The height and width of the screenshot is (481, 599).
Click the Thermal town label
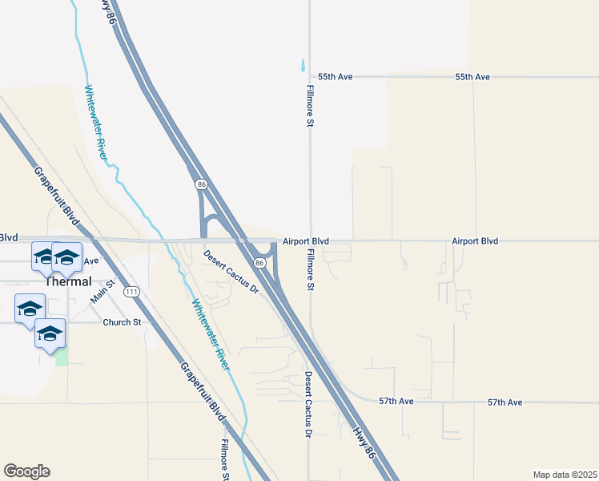coord(68,281)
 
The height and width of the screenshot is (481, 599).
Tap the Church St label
coord(122,322)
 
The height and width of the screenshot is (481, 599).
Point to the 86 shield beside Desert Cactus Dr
coord(260,263)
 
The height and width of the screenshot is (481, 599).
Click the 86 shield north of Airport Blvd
coord(200,184)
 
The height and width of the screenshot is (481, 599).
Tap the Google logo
coord(26,471)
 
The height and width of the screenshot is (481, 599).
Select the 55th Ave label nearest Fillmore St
coord(336,77)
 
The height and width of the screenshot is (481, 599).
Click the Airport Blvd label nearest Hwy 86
coord(306,241)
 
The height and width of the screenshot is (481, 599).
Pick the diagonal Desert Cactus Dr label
coord(231,272)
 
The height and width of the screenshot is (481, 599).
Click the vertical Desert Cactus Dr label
coord(307,405)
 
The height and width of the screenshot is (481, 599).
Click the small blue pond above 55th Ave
coord(303,66)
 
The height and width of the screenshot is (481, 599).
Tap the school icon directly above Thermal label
coord(67,257)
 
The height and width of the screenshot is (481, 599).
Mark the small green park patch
coord(61,357)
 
